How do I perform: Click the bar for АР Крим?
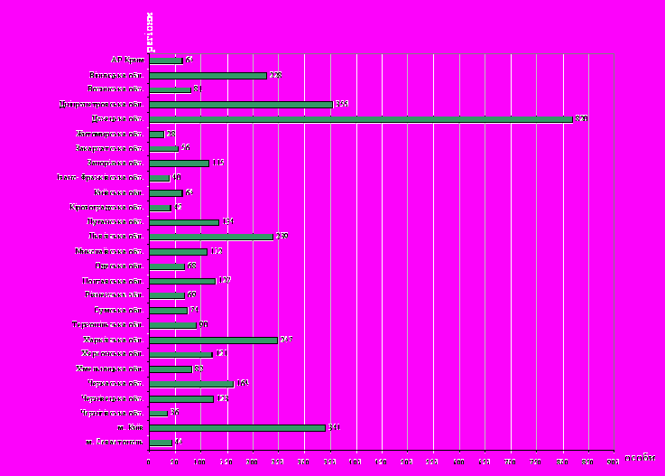[x=165, y=61]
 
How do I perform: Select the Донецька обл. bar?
[x=360, y=119]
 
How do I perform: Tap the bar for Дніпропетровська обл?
[x=240, y=105]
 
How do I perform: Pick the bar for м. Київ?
[x=236, y=427]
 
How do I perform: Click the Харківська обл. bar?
[x=213, y=341]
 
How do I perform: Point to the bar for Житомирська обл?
[x=156, y=135]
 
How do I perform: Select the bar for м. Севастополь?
[x=160, y=443]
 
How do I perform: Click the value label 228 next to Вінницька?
[x=275, y=75]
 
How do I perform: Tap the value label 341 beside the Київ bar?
[x=333, y=427]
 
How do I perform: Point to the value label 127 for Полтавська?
[x=224, y=281]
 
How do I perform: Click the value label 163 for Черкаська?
[x=242, y=383]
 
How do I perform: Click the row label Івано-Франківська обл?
[x=107, y=178]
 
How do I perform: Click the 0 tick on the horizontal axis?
[x=149, y=462]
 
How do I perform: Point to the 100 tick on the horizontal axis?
[x=200, y=462]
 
